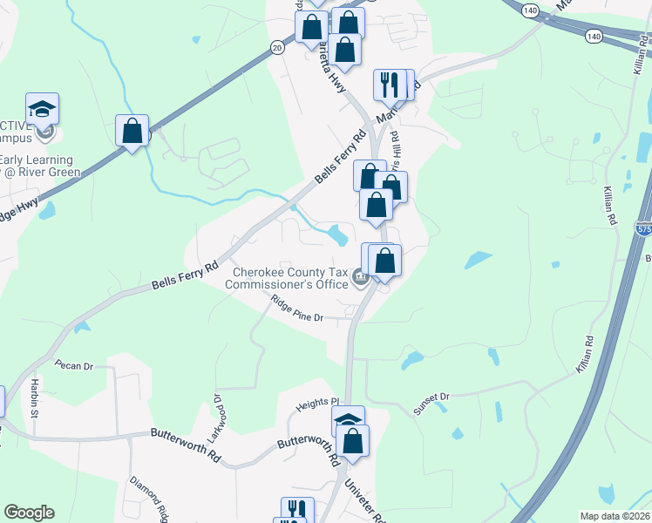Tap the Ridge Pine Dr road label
click(x=296, y=310)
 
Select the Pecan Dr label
click(x=73, y=365)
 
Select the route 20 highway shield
click(x=276, y=48)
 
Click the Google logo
click(x=29, y=513)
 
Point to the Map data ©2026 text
click(x=615, y=516)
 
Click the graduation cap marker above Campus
click(x=42, y=109)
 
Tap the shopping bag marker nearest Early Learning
click(x=132, y=131)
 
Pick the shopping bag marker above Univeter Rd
click(x=354, y=441)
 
